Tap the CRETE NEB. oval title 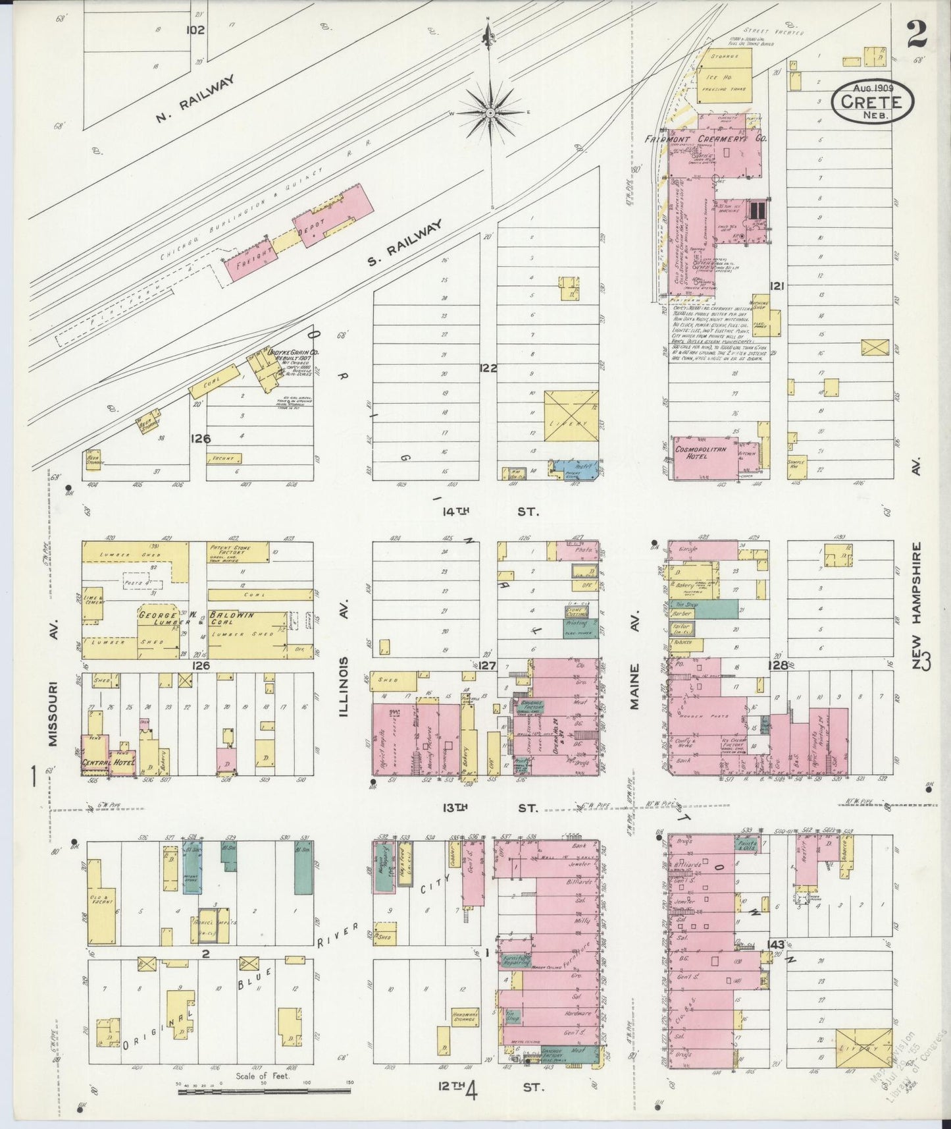point(872,102)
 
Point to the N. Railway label point(195,99)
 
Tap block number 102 point(195,30)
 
